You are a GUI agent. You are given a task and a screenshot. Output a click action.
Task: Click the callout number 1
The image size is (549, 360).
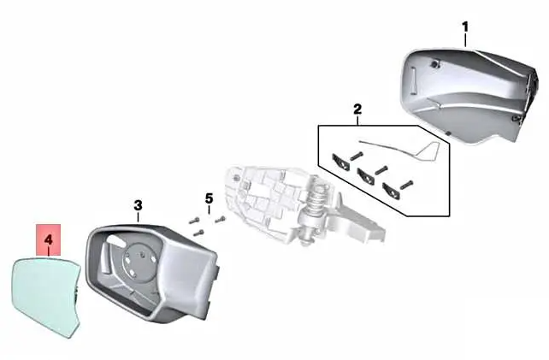tap(465, 27)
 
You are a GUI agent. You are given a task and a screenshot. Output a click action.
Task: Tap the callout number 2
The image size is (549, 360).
tap(357, 109)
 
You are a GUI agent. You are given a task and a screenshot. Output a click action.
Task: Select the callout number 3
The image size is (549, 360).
tap(139, 205)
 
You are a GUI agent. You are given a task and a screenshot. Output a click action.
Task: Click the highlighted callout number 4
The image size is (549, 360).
tap(49, 240)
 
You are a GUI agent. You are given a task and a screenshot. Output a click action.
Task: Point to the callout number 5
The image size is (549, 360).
tap(209, 198)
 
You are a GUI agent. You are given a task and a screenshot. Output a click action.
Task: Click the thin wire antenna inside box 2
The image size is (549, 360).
tap(403, 149)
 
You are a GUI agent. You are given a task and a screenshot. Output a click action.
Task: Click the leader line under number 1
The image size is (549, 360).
tap(465, 40)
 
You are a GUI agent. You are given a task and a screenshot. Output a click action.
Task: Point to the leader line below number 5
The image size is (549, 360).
tap(209, 210)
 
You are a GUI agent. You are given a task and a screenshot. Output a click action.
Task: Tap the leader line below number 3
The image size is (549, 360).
tap(139, 217)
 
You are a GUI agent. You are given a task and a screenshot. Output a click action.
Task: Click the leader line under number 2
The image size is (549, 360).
tap(357, 121)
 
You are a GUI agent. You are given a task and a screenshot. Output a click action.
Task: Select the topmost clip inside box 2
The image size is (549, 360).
tap(340, 162)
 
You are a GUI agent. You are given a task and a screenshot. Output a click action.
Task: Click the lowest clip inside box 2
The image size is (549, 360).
tap(393, 191)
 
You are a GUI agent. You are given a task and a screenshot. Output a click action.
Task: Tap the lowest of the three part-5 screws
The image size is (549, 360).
tap(198, 233)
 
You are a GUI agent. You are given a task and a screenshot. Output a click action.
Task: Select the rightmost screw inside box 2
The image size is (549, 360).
tap(406, 184)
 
